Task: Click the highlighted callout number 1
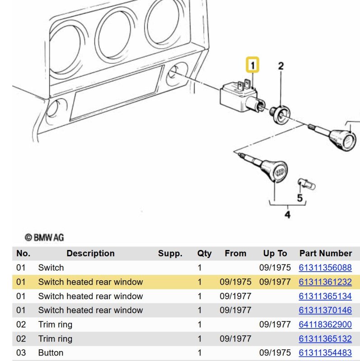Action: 252,65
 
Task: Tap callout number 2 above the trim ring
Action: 281,66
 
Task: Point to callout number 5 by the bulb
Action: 299,198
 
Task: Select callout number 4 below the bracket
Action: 287,215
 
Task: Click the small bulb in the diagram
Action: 307,184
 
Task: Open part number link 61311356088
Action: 325,268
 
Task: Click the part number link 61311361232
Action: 325,282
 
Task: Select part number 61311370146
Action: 325,310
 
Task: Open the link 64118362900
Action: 325,324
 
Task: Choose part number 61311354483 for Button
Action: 325,353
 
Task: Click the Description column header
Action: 91,253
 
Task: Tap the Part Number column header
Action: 326,253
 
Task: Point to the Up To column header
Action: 275,253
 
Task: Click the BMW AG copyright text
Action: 44,237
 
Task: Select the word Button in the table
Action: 51,353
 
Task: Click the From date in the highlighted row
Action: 235,282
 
